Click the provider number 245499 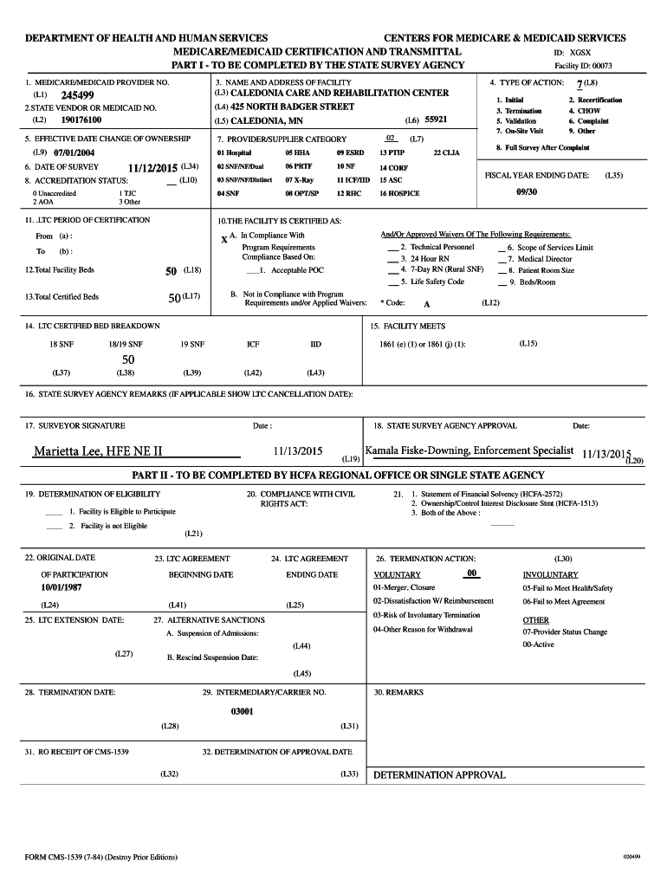78,95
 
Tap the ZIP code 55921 436,120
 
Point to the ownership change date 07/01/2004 77,152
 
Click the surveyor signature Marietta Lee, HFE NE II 98,451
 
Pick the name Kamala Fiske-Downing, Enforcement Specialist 469,450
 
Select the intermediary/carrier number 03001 242,710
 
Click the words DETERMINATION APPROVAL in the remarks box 439,774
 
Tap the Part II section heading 338,475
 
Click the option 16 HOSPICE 399,194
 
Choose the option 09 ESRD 351,152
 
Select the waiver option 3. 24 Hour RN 424,258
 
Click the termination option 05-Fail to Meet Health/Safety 567,588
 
